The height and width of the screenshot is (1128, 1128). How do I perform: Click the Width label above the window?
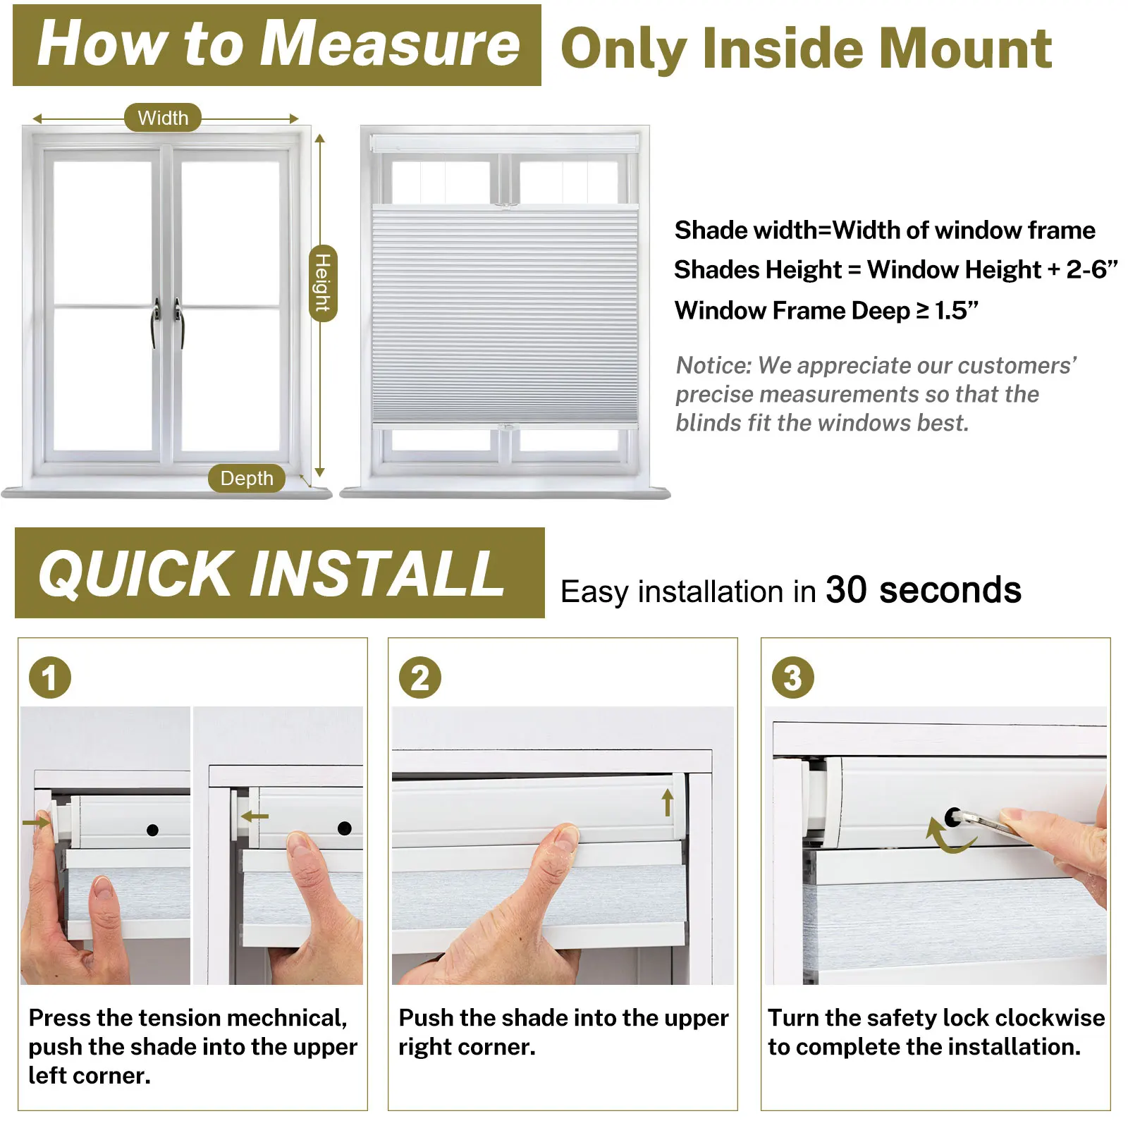[x=163, y=118]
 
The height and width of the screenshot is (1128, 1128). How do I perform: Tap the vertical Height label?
[x=323, y=283]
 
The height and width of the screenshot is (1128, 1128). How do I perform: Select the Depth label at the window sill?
[x=247, y=478]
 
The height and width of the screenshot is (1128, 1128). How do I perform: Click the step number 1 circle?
[x=50, y=678]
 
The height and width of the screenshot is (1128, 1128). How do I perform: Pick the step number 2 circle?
[x=420, y=678]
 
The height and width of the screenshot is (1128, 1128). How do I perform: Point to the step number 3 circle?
[x=793, y=678]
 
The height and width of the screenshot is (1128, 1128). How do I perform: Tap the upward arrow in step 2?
[x=668, y=802]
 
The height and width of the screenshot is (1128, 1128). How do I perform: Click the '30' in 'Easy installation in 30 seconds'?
[x=846, y=589]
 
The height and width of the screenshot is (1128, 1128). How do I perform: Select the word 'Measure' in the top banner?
[x=394, y=44]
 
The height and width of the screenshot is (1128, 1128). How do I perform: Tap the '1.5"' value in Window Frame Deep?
[x=957, y=310]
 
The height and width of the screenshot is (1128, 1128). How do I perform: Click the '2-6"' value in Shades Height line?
[x=1092, y=269]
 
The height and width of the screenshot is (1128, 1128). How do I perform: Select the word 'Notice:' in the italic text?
[x=714, y=365]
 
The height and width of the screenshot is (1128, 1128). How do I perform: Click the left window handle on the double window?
[x=156, y=323]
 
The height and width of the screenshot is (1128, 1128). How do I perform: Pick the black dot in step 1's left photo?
[x=152, y=830]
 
